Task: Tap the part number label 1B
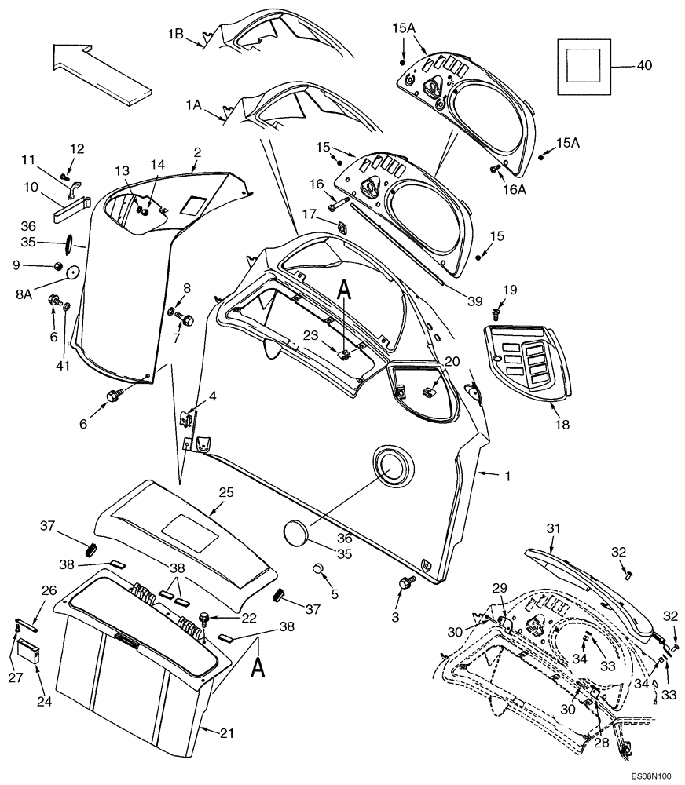[174, 35]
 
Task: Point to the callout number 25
[226, 492]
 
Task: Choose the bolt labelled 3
[406, 582]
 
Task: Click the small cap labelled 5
[319, 568]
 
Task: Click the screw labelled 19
[496, 312]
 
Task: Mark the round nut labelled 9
[58, 266]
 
